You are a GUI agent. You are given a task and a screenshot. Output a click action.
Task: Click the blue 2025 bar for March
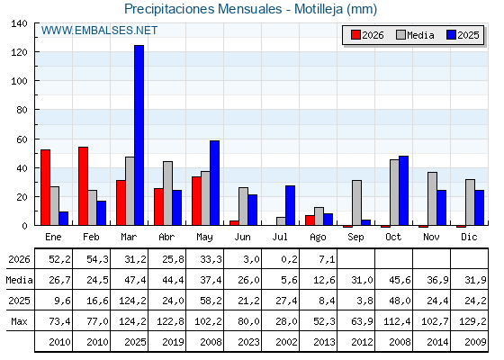pyautogui.click(x=139, y=135)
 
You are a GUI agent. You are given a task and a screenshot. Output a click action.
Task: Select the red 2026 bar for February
pyautogui.click(x=83, y=185)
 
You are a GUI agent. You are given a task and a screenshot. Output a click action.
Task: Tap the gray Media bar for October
pyautogui.click(x=394, y=193)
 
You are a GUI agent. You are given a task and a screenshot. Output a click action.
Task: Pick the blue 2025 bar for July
pyautogui.click(x=290, y=205)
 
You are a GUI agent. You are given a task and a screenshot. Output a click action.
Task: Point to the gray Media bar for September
pyautogui.click(x=356, y=202)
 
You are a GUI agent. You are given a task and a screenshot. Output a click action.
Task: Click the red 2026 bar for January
pyautogui.click(x=45, y=187)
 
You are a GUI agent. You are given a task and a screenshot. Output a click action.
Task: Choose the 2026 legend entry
pyautogui.click(x=367, y=35)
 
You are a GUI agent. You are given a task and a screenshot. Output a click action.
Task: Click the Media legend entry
pyautogui.click(x=415, y=35)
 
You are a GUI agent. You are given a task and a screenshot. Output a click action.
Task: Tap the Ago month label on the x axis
pyautogui.click(x=318, y=238)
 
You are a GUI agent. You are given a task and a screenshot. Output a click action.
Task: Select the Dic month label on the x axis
pyautogui.click(x=469, y=237)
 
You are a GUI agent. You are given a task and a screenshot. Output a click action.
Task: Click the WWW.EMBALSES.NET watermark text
pyautogui.click(x=99, y=31)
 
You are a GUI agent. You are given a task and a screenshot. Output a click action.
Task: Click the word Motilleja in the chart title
pyautogui.click(x=319, y=9)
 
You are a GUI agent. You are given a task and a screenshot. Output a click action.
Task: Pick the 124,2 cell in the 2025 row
pyautogui.click(x=132, y=301)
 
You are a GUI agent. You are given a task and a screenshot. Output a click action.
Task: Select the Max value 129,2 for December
pyautogui.click(x=472, y=321)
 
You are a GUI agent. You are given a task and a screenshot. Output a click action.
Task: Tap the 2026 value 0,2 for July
pyautogui.click(x=289, y=259)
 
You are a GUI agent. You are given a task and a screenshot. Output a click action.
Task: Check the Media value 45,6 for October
pyautogui.click(x=400, y=280)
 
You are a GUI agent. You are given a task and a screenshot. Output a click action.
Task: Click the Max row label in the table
pyautogui.click(x=19, y=321)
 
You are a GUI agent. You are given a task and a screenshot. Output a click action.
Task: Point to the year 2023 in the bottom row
pyautogui.click(x=248, y=342)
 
